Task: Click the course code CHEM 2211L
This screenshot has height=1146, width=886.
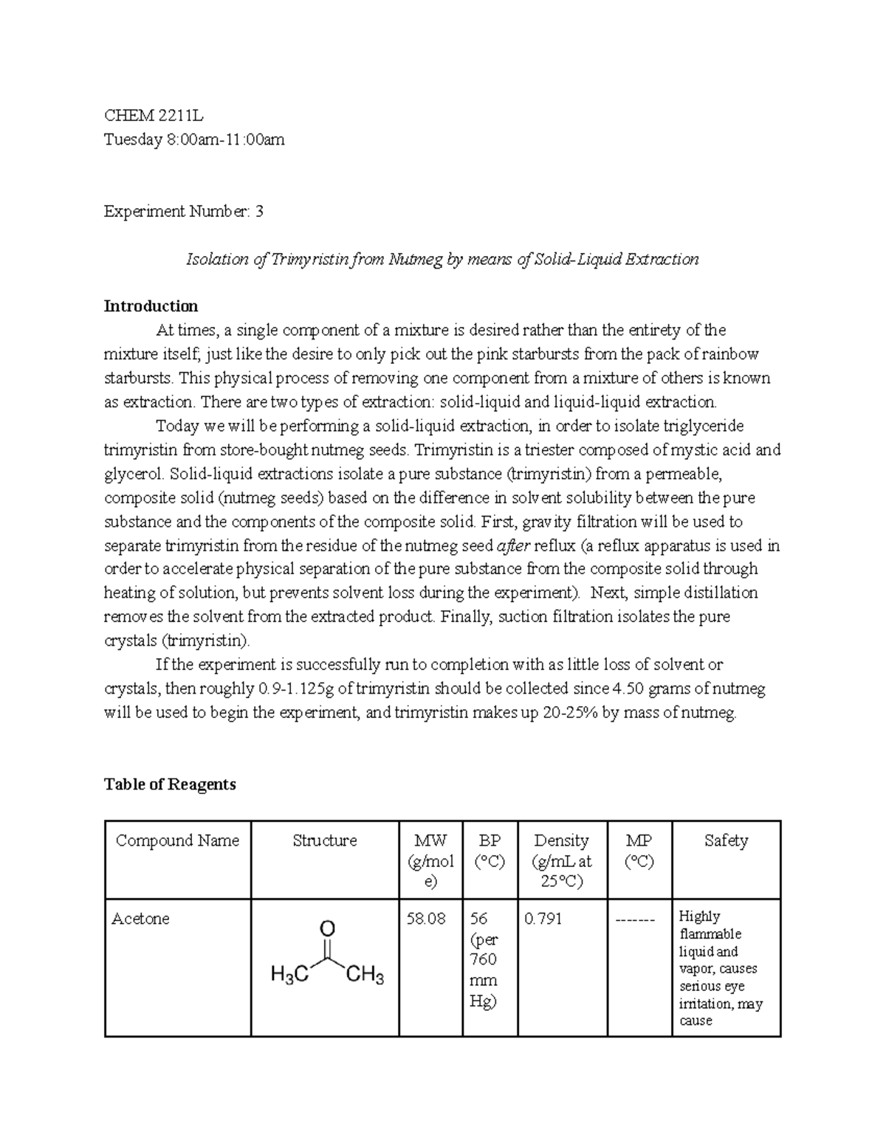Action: (x=154, y=115)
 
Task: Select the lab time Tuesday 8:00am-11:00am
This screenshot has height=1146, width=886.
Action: (x=193, y=139)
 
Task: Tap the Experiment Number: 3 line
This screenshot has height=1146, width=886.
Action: (x=183, y=212)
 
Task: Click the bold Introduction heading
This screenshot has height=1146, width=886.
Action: (x=151, y=306)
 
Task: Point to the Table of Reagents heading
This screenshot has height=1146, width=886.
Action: (x=170, y=784)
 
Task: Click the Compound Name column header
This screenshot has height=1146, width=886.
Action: (x=177, y=840)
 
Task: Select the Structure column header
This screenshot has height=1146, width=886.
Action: (x=324, y=840)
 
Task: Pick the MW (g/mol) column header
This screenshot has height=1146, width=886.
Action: (x=430, y=860)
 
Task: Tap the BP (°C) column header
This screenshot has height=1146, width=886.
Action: (x=490, y=851)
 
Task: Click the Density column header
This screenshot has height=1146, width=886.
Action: (x=561, y=860)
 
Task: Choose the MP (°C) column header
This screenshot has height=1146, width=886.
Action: (x=639, y=851)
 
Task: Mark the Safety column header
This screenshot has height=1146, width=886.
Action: (x=726, y=840)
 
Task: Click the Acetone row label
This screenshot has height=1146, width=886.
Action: (x=140, y=919)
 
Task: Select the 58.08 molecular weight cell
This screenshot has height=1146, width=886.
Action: (x=426, y=919)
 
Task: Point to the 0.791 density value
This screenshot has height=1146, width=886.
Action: (x=543, y=919)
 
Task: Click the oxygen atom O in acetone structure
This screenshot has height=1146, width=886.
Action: (x=327, y=928)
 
